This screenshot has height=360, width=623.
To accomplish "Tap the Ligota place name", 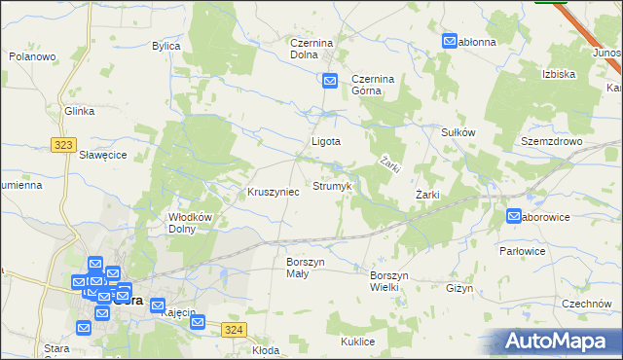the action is tap(325, 141).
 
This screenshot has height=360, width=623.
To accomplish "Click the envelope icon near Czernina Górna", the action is tap(330, 82).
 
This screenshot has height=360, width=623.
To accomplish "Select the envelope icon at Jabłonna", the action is tap(450, 42).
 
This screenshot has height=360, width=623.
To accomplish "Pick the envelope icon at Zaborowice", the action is tap(514, 216).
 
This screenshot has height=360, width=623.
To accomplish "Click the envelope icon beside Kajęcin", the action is tap(158, 306).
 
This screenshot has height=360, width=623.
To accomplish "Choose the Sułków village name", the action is tap(458, 132).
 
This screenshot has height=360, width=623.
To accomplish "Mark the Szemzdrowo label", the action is tap(551, 141).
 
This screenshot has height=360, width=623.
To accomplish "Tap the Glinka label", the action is tap(80, 111).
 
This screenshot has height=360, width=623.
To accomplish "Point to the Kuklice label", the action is tap(358, 342).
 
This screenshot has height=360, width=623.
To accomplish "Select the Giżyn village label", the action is tap(459, 288).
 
